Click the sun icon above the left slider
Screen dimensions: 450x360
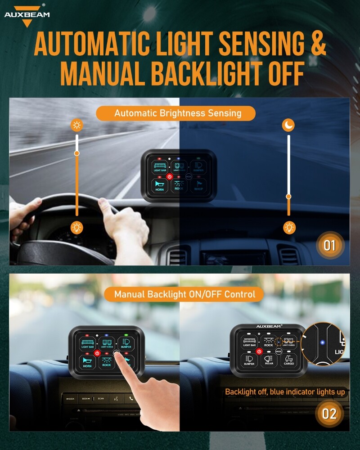(x=77, y=125)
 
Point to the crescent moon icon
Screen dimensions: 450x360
(x=288, y=125)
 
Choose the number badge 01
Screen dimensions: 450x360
(x=329, y=246)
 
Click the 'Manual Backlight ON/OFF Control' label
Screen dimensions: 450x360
(x=184, y=295)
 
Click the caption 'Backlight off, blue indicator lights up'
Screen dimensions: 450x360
(x=285, y=392)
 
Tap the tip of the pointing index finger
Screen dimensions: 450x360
(x=118, y=354)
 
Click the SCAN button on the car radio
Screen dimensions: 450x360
(x=100, y=398)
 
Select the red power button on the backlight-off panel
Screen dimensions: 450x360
(x=259, y=351)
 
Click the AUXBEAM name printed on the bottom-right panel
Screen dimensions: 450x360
(x=269, y=326)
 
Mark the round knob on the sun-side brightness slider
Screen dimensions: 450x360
(x=77, y=153)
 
